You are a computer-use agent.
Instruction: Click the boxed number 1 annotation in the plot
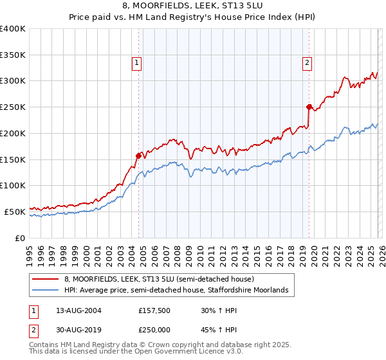[x=137, y=63]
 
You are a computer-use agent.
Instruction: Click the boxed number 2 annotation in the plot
[x=308, y=63]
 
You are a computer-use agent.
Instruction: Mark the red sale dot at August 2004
[x=138, y=155]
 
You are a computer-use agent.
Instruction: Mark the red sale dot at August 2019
[x=309, y=107]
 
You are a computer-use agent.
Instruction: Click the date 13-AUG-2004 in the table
[x=78, y=310]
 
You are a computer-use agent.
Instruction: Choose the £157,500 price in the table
[x=154, y=310]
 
